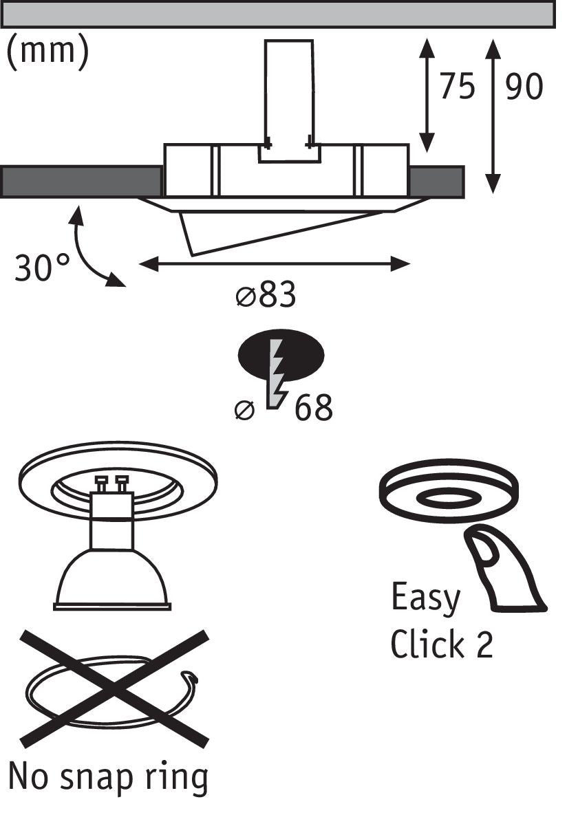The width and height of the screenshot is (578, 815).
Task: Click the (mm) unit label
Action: [x=47, y=52]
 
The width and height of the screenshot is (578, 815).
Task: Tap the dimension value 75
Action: [x=457, y=87]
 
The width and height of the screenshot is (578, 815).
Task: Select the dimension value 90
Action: [x=524, y=87]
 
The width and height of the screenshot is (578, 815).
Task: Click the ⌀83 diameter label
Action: [x=266, y=296]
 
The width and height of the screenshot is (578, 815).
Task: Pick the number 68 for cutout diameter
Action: [x=314, y=408]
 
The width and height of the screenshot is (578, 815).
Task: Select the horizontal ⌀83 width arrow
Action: [x=275, y=263]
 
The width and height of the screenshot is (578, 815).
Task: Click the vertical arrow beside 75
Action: [x=427, y=96]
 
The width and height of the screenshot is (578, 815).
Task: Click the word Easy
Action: [x=425, y=598]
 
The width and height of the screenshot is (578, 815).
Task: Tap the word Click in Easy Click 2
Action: [x=427, y=644]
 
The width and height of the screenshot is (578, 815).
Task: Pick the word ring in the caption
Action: [x=182, y=778]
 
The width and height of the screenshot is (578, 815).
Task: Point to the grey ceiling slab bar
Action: [x=278, y=14]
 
